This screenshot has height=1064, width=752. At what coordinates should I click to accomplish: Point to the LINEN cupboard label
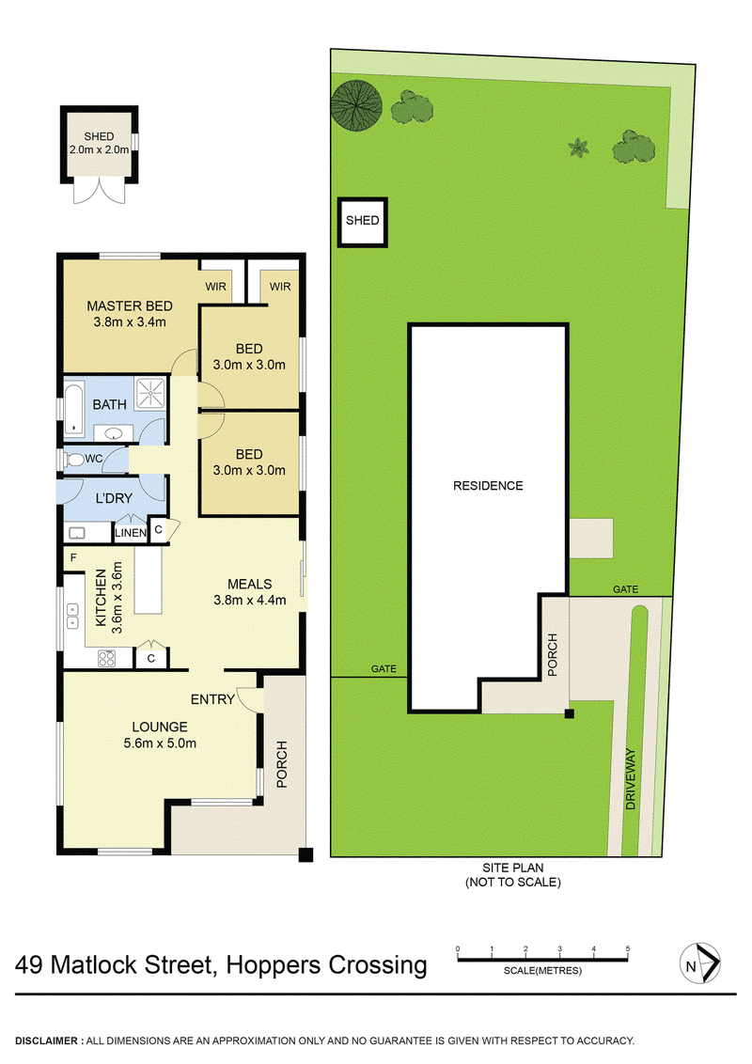coord(130,534)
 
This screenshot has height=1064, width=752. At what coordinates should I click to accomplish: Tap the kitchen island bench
coord(149,581)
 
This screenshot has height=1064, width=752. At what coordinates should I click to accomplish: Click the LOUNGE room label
coord(159,727)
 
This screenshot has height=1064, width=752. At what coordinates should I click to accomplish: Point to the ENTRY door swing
coord(248,699)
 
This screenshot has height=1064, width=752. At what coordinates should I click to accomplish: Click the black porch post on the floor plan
coord(305,854)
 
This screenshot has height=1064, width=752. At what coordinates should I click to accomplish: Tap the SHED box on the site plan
coord(362,222)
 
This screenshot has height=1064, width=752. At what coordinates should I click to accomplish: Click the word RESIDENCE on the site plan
coord(488,486)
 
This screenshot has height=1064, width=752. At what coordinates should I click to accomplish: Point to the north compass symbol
coord(698,964)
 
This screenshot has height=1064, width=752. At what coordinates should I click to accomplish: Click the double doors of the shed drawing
coord(95,192)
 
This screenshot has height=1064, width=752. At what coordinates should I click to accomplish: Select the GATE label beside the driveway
coord(625,589)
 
